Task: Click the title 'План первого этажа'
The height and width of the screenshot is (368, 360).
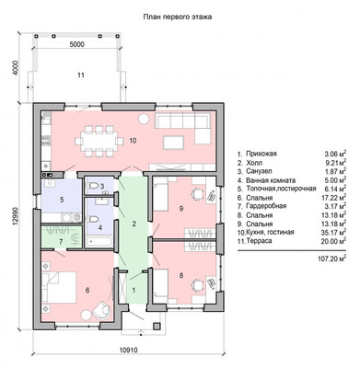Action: pyautogui.click(x=178, y=17)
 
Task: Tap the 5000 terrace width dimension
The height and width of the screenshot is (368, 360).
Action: pyautogui.click(x=76, y=44)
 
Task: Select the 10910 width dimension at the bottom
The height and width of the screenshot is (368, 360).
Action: pyautogui.click(x=128, y=350)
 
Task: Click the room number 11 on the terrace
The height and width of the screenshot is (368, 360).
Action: pyautogui.click(x=80, y=75)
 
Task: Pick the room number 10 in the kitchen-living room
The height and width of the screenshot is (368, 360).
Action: pyautogui.click(x=133, y=141)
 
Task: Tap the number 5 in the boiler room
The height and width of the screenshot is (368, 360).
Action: pyautogui.click(x=62, y=200)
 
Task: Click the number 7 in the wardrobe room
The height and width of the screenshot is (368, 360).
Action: pyautogui.click(x=61, y=242)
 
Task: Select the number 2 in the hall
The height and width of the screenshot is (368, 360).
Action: pyautogui.click(x=134, y=224)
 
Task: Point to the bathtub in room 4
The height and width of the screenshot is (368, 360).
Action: pyautogui.click(x=99, y=241)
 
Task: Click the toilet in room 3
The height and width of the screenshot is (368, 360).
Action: pyautogui.click(x=93, y=186)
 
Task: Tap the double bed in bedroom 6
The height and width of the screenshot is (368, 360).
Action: pyautogui.click(x=59, y=288)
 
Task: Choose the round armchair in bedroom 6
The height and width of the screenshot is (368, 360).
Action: pyautogui.click(x=102, y=311)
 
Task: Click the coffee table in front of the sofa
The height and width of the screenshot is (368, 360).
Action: pyautogui.click(x=174, y=143)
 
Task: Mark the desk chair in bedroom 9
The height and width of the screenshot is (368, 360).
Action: pyautogui.click(x=197, y=194)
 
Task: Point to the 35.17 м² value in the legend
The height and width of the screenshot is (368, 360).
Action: pyautogui.click(x=334, y=232)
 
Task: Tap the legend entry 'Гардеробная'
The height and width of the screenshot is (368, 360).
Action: pyautogui.click(x=266, y=206)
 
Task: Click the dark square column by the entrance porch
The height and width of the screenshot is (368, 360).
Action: pyautogui.click(x=157, y=326)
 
